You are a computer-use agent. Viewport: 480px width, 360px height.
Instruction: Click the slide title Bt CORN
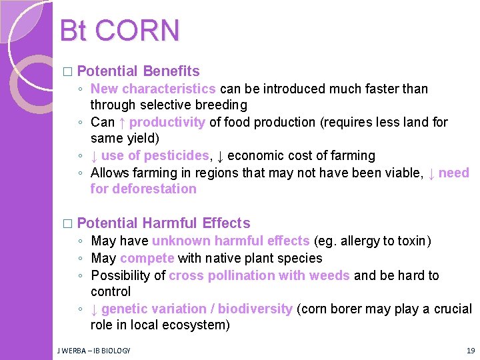coord(119,31)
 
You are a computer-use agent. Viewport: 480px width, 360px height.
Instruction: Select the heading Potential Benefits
coord(138,71)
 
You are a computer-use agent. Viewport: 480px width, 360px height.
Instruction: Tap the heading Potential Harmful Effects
coord(163,223)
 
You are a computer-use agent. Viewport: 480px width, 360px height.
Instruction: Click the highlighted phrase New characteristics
coord(153,89)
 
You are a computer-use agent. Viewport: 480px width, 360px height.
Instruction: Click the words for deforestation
coord(143,189)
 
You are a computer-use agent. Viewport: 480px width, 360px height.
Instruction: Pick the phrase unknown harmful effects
coord(231,241)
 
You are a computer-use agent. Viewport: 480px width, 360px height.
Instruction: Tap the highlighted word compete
coord(147,258)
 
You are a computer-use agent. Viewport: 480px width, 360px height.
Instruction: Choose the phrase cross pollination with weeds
coord(259,275)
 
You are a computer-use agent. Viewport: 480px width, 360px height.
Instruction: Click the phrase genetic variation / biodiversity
coord(197,309)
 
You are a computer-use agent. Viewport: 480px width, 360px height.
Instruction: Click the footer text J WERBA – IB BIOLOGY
coord(93,350)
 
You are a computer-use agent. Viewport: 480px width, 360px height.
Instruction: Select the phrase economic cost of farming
coord(301,155)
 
